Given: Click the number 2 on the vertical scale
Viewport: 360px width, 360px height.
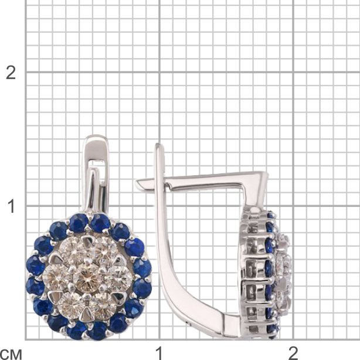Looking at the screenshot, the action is [x=11, y=73].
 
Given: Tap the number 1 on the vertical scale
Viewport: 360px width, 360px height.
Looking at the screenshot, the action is [x=11, y=206].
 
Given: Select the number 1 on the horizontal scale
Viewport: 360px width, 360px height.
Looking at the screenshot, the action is [x=159, y=353].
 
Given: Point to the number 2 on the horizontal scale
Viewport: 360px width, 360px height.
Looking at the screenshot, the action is [x=293, y=353].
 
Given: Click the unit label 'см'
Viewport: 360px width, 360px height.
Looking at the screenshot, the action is [x=11, y=355].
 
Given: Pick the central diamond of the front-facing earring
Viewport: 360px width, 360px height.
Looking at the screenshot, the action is [x=88, y=279].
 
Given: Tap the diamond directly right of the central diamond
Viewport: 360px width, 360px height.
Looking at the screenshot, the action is [x=118, y=279].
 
